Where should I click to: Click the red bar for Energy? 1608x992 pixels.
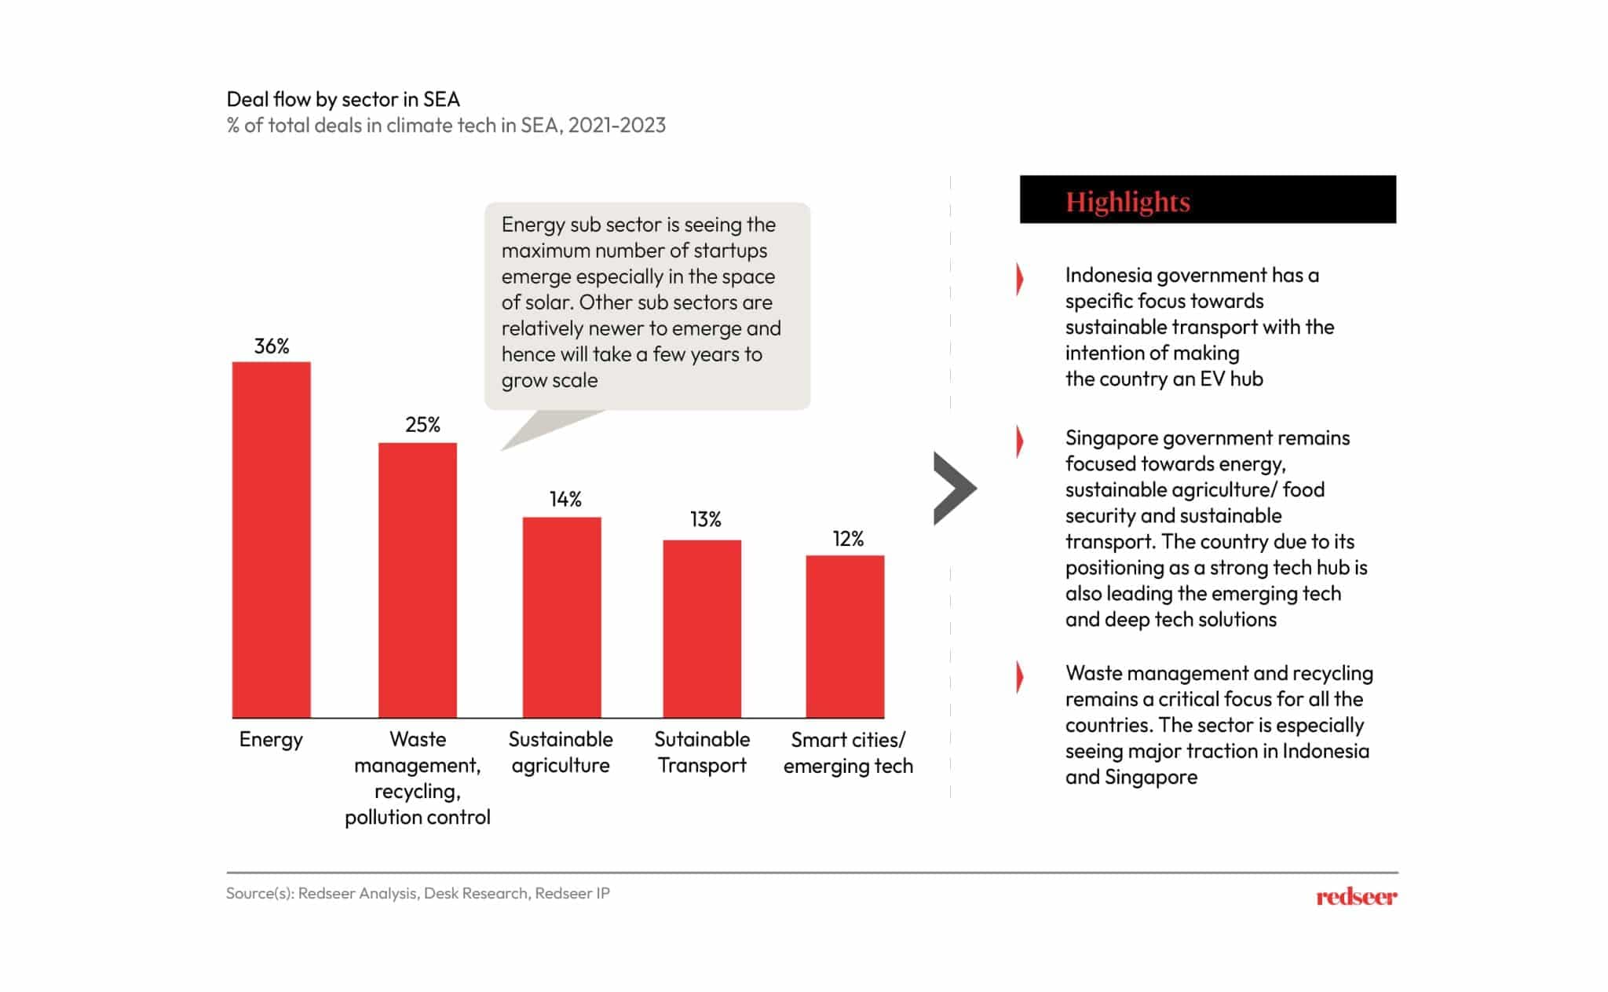[271, 540]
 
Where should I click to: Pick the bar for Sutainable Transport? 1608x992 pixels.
[702, 628]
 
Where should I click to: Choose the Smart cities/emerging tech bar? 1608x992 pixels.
[845, 636]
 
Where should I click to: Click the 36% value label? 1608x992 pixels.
[272, 346]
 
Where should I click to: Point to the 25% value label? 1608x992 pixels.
[422, 425]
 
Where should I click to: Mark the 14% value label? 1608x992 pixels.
[565, 500]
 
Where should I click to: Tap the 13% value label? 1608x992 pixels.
[705, 519]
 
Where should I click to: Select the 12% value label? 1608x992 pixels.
[848, 539]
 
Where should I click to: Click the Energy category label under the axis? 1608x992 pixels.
[271, 739]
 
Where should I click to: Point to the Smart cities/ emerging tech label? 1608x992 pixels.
[848, 752]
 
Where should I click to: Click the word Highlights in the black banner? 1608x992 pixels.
[1127, 202]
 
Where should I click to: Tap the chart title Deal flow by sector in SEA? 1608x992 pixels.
[343, 100]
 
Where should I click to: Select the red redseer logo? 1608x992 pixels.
[1356, 897]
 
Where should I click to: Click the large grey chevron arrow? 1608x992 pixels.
[954, 488]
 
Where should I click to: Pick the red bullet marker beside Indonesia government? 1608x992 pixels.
[1020, 279]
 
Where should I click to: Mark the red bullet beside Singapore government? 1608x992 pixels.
[1020, 441]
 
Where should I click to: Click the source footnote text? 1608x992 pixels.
[418, 893]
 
